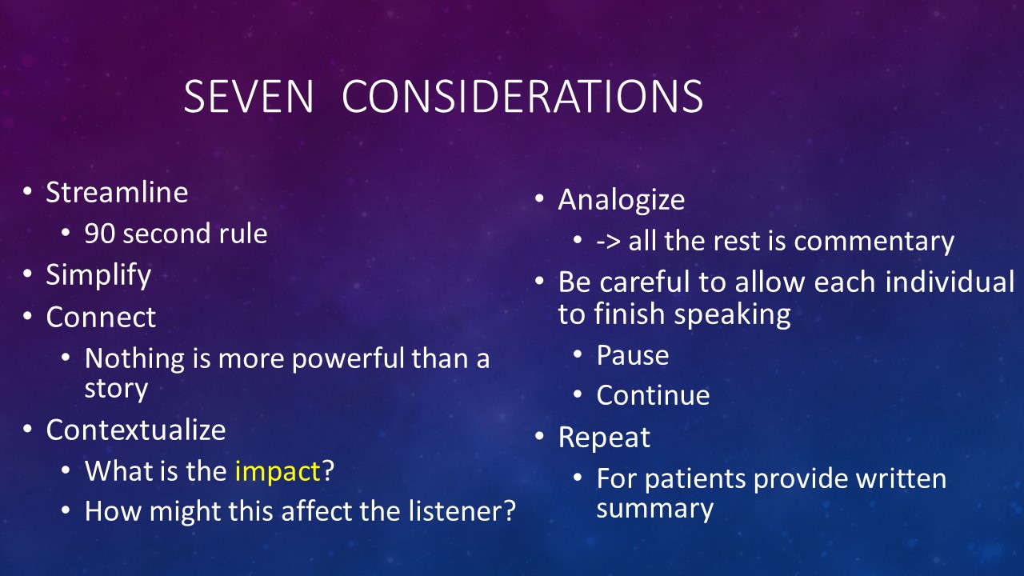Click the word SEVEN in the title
tap(249, 96)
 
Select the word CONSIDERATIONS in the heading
tap(522, 96)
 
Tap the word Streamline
tap(117, 192)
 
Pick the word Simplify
tap(98, 276)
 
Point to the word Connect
tap(101, 317)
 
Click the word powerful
tap(349, 359)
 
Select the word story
tap(117, 390)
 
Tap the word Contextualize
tap(136, 430)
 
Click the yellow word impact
tap(278, 471)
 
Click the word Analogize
tap(622, 200)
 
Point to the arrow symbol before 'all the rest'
tap(609, 242)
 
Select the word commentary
tap(874, 242)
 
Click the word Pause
tap(633, 355)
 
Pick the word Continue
tap(654, 395)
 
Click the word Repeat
tap(604, 438)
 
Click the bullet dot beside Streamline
tap(27, 191)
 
